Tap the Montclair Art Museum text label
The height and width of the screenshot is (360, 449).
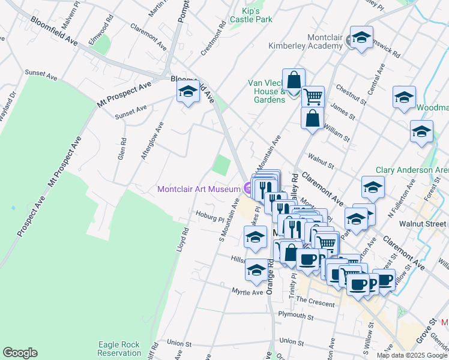coord(199,189)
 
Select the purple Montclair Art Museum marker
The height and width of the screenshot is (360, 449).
coord(248,189)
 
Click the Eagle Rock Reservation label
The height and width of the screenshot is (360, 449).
coord(119,349)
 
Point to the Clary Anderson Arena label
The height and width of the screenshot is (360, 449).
coord(412,170)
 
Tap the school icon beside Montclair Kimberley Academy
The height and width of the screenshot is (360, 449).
coord(362,38)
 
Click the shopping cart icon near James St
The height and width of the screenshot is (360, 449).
coord(313,96)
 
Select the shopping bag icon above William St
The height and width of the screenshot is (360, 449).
coord(312,118)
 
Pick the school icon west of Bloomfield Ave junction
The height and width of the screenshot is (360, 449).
coord(188,92)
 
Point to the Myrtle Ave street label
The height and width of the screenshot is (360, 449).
coord(248,292)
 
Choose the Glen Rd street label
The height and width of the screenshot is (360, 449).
coord(122,149)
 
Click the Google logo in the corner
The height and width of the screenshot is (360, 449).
coord(20,353)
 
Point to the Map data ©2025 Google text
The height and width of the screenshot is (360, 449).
coord(412,355)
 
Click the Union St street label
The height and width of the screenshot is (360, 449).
coord(179,344)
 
